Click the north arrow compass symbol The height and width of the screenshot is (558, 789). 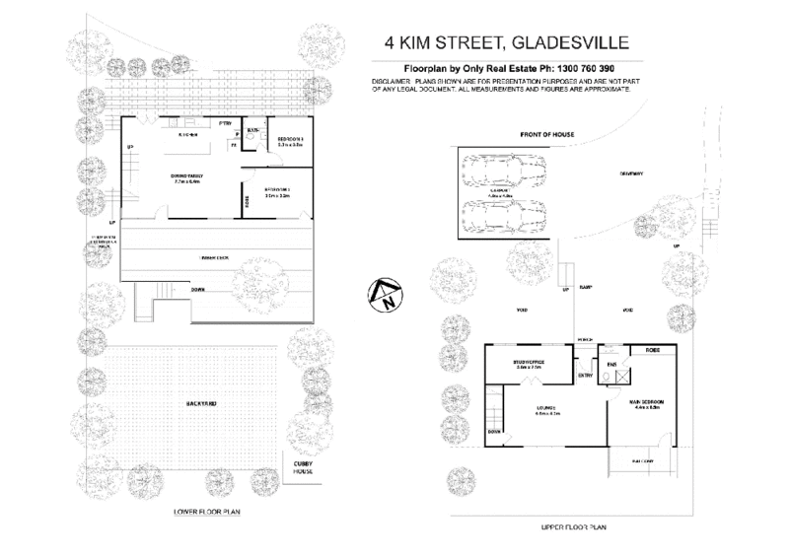384,293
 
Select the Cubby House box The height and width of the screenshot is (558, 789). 299,469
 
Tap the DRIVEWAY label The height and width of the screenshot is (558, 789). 631,174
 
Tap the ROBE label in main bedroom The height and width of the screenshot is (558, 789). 652,350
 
